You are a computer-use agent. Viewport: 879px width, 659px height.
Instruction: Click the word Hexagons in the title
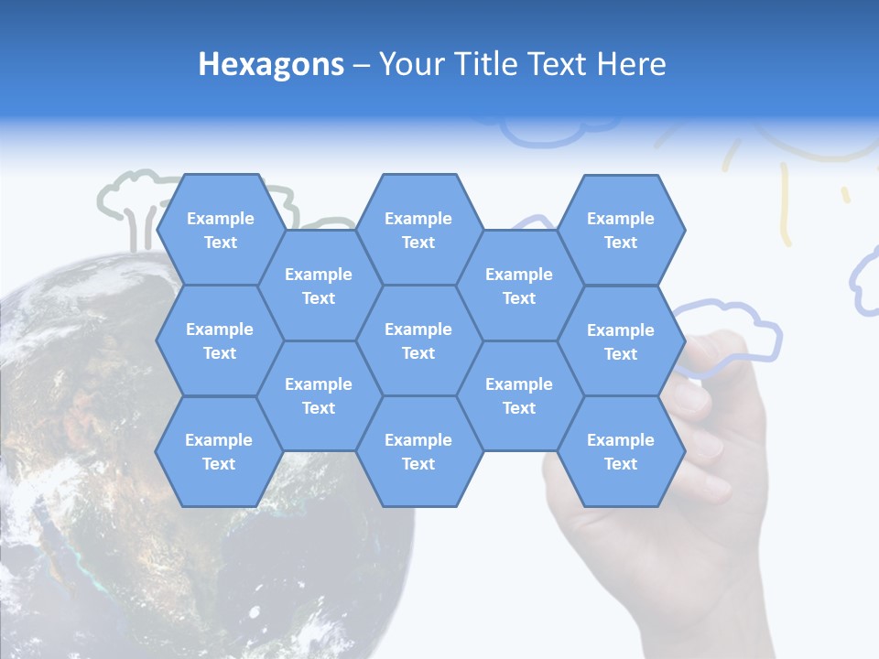(271, 64)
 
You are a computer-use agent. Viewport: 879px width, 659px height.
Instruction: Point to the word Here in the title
(631, 64)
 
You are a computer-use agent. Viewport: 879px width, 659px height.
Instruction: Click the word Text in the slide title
(561, 64)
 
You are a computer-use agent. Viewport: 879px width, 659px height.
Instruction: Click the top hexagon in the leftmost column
(220, 230)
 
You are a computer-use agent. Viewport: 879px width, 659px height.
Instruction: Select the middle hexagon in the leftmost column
(220, 340)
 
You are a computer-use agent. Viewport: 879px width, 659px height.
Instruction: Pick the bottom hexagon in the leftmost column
(219, 451)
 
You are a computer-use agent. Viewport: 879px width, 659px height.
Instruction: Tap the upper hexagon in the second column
(319, 286)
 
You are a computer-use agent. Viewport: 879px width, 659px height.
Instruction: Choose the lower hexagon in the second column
(319, 395)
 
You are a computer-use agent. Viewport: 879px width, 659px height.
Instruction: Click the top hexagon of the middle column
(418, 230)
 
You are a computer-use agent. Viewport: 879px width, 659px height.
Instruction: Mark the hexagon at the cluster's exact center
(418, 340)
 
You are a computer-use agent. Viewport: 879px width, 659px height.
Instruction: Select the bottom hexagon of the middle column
(418, 451)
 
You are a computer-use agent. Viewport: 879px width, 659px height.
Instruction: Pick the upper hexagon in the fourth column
(519, 286)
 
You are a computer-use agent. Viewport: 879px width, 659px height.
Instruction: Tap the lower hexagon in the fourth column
(519, 395)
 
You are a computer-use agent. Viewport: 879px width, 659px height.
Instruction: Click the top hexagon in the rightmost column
(621, 230)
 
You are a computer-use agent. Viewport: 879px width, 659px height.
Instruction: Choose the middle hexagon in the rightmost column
(621, 341)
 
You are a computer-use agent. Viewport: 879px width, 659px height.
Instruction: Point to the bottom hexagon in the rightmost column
(621, 451)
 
